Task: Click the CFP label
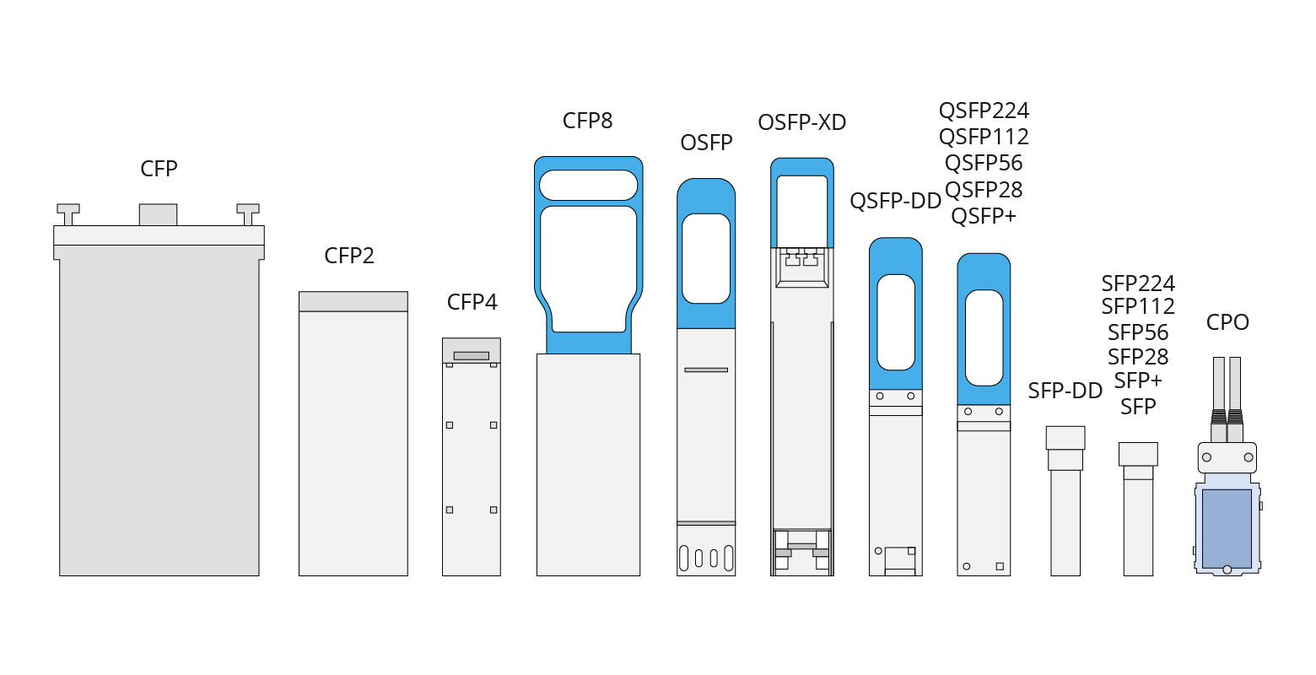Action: [159, 169]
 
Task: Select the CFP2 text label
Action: [348, 256]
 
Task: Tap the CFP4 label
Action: [472, 302]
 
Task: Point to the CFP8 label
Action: [587, 121]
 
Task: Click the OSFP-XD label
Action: [801, 122]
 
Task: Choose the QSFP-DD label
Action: [895, 201]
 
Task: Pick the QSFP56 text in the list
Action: [984, 163]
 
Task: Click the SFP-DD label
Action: [1065, 391]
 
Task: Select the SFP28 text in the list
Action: [1137, 357]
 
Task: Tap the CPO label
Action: [1227, 322]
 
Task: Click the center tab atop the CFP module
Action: [158, 214]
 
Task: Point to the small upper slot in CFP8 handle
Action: [588, 185]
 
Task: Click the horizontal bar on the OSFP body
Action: [705, 370]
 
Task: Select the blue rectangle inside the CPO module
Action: [1227, 528]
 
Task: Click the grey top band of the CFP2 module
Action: [353, 301]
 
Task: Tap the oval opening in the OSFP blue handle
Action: [705, 258]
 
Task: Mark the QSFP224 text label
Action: [984, 111]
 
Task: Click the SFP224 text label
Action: [1137, 283]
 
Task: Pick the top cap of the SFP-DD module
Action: [1065, 438]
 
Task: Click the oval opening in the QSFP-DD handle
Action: [895, 322]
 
